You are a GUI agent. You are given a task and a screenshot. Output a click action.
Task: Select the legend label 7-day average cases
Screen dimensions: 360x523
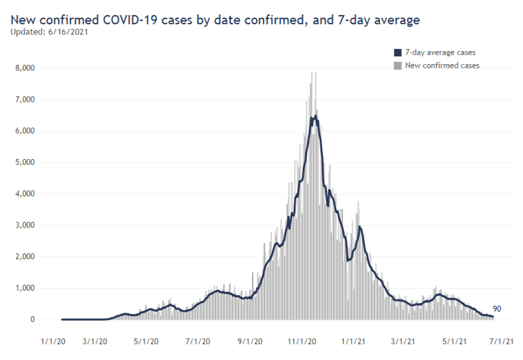(x=440, y=53)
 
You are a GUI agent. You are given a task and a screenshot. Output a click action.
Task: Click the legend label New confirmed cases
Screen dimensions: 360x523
(x=442, y=66)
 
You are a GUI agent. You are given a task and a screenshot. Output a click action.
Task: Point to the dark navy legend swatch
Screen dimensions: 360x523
(x=397, y=53)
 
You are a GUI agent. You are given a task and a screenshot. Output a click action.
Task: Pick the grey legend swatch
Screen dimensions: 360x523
(x=397, y=66)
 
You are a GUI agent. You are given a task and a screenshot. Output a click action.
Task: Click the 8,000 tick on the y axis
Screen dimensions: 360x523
(x=26, y=68)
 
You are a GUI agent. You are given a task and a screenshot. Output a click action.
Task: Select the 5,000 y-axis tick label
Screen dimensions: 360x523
(x=26, y=163)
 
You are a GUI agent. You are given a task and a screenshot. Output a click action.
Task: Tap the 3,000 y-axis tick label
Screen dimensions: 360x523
(x=26, y=225)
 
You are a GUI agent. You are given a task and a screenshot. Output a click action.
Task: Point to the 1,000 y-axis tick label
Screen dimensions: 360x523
(x=26, y=288)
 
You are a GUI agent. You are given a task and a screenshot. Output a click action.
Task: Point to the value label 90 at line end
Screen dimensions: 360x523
(x=497, y=309)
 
